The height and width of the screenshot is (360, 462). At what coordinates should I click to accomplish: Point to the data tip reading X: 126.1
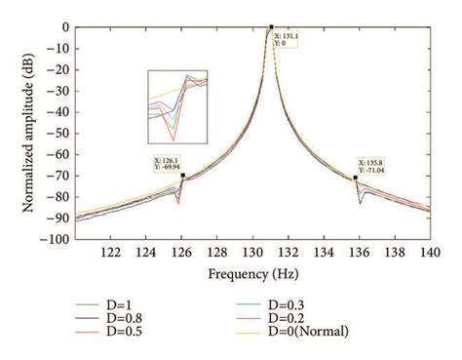pyautogui.click(x=170, y=164)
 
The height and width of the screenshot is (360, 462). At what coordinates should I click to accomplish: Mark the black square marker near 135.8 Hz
pyautogui.click(x=355, y=178)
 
